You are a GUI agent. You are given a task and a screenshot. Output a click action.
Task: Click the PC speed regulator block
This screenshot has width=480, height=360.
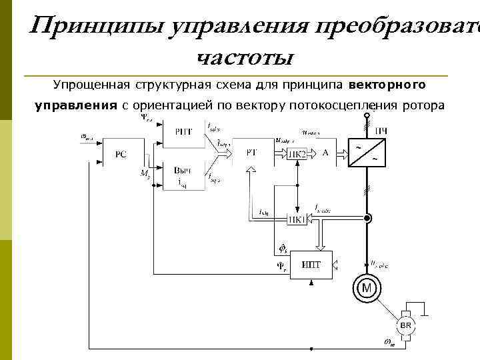[120, 154]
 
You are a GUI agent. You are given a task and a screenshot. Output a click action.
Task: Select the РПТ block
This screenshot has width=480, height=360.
[181, 131]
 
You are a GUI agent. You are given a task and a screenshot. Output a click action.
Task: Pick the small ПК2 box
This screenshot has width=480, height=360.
[297, 154]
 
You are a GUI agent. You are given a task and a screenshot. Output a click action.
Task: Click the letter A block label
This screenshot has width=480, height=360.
[325, 153]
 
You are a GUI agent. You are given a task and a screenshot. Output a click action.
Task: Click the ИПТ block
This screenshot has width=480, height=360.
[311, 265]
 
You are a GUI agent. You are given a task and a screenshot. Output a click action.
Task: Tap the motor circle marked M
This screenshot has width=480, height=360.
[367, 288]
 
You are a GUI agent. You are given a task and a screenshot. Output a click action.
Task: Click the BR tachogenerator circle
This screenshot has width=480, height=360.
[406, 325]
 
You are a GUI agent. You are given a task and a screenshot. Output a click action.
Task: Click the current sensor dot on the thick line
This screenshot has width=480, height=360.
[367, 218]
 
